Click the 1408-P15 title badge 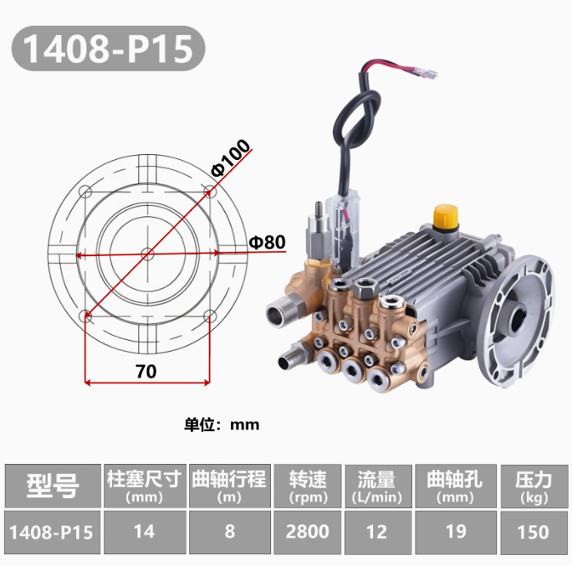pos(109,49)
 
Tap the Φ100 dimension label pos(231,157)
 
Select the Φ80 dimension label pos(267,242)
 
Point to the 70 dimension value pos(146,372)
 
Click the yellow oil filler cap pos(446,216)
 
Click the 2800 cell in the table pos(308,532)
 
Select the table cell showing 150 pos(534,532)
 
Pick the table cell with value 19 pos(456,532)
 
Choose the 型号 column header pos(53,486)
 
